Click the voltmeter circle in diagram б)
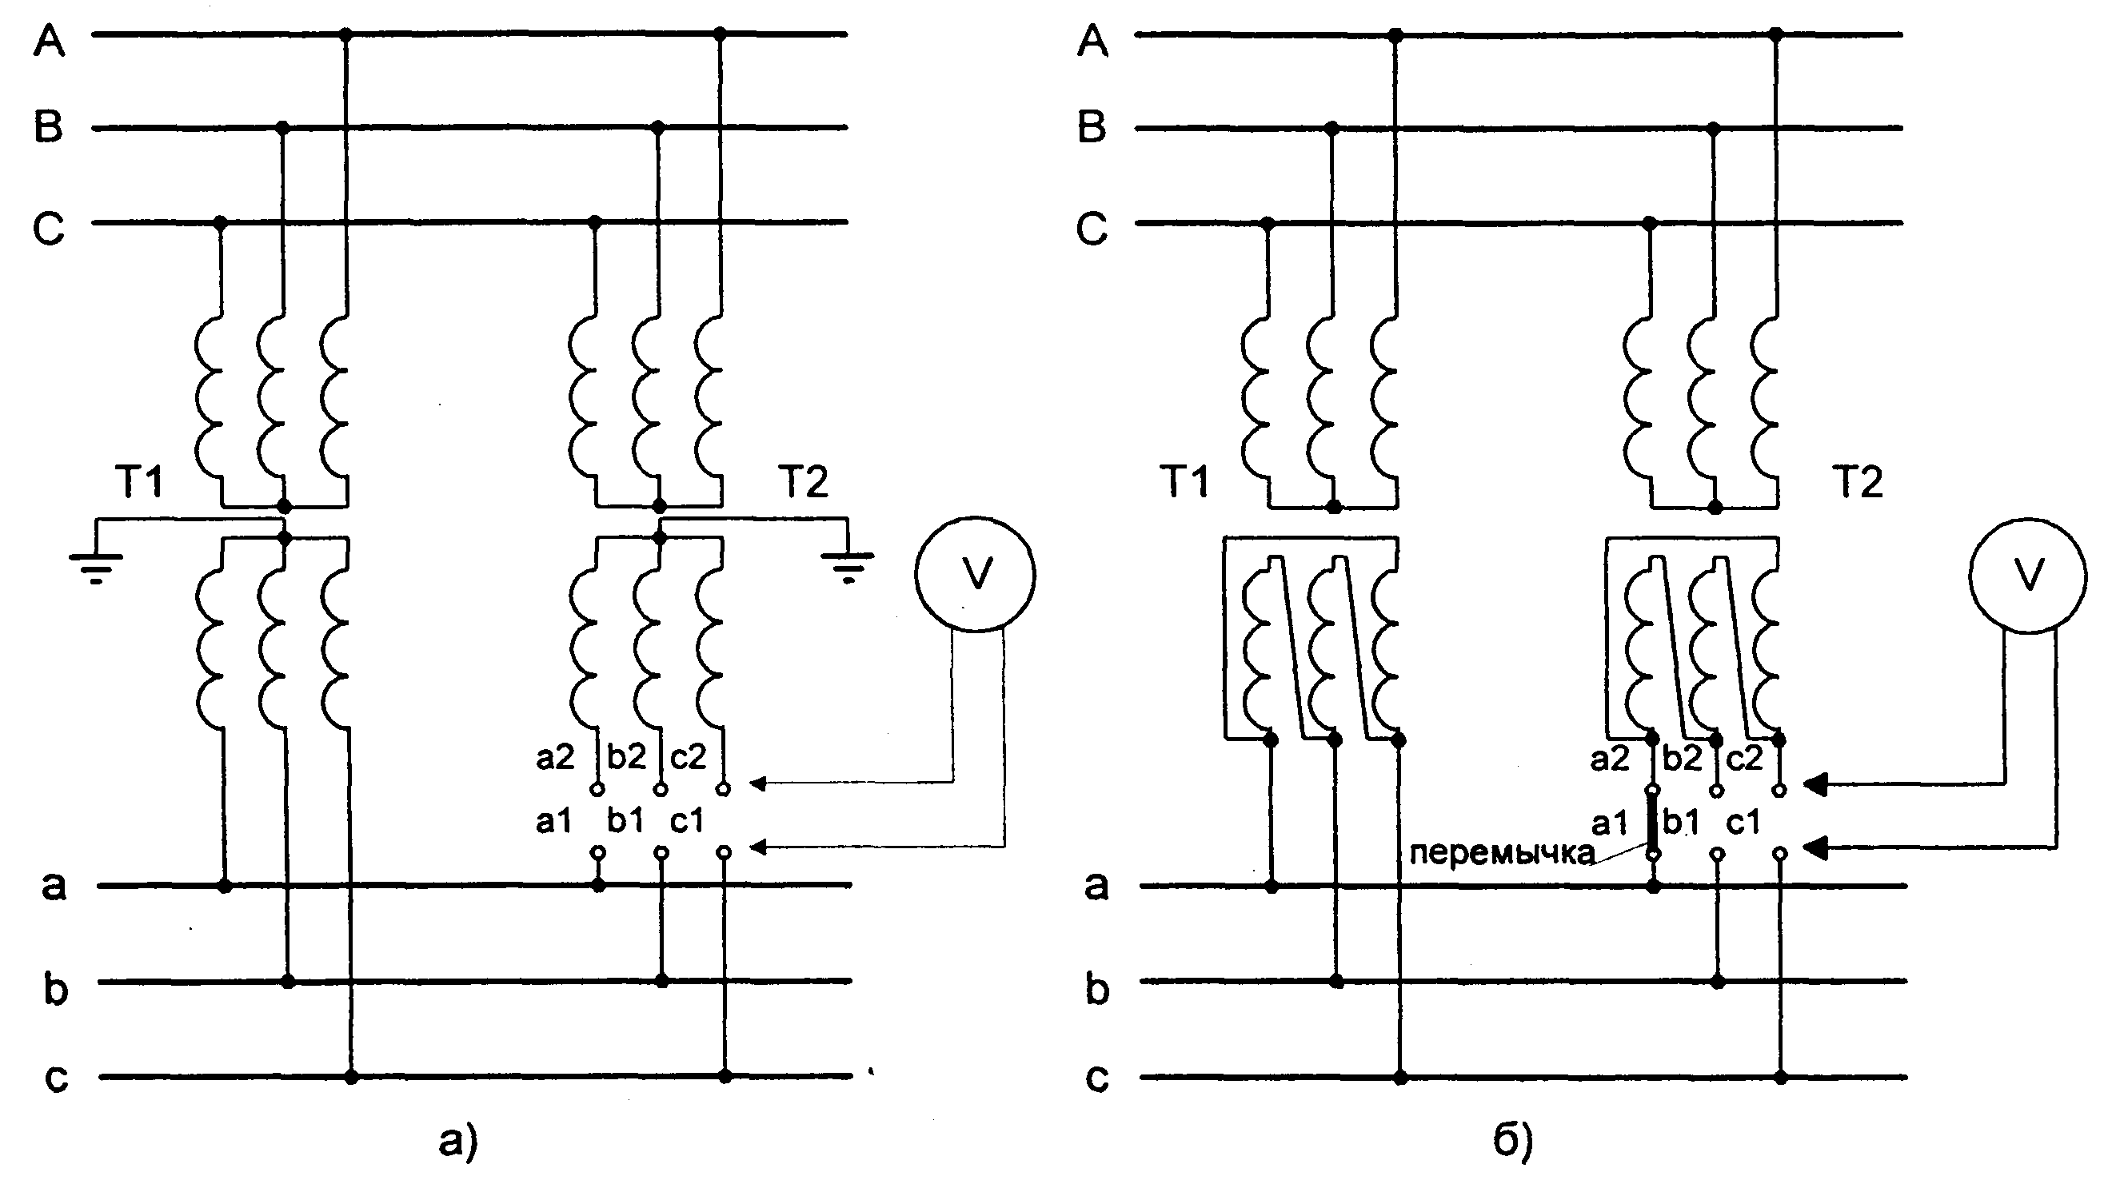coord(1970,575)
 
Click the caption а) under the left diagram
coord(458,1141)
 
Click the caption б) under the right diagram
coord(1512,1141)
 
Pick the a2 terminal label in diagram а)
coord(556,758)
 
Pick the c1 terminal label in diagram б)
coord(1743,822)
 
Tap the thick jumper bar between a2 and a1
coord(1652,822)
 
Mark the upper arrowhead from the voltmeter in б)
coord(1815,785)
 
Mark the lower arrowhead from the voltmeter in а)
coord(758,846)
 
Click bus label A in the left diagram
coord(49,39)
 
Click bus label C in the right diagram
coord(1092,229)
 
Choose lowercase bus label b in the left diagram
coord(55,987)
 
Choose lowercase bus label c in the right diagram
coord(1096,1078)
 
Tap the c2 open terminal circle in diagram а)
coord(724,789)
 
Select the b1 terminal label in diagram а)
coord(626,821)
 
